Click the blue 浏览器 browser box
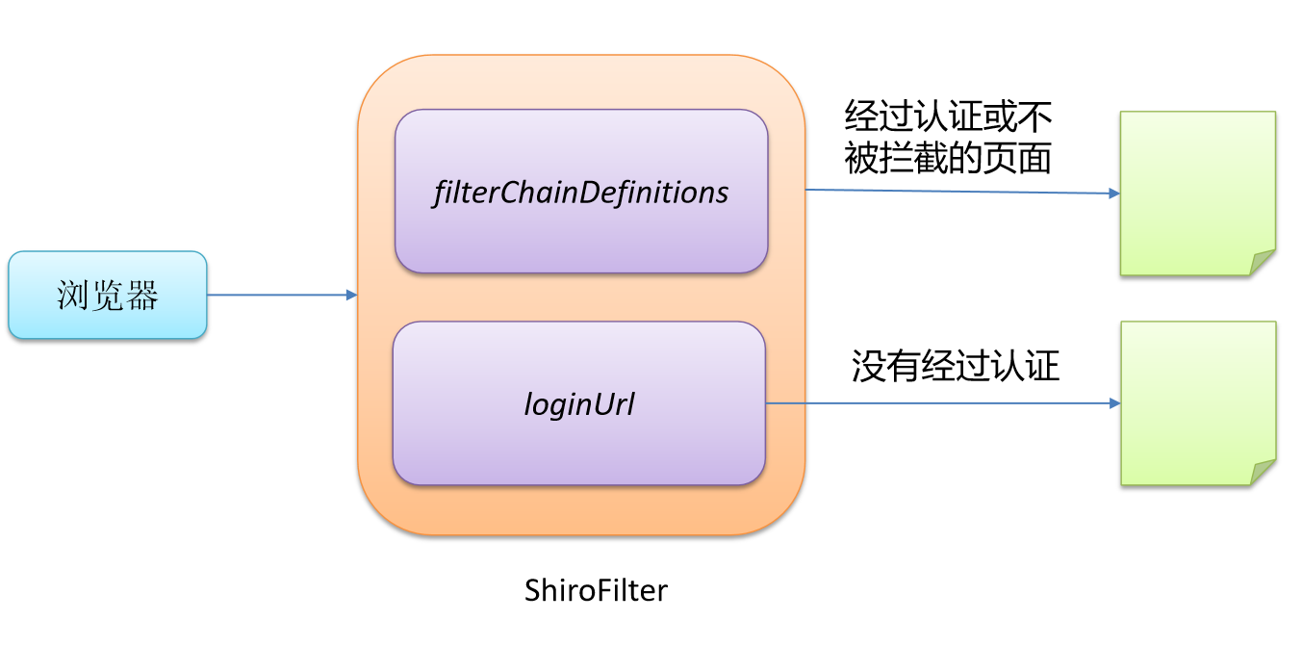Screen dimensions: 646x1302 tap(108, 295)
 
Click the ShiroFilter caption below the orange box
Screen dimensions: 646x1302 tap(596, 589)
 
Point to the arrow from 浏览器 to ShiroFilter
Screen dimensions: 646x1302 tap(279, 295)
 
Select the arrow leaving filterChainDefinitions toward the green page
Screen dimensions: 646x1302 tap(962, 192)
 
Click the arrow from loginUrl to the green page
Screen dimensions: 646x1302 tap(943, 403)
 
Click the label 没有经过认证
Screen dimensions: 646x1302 tap(955, 366)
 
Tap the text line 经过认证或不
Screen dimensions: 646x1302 tap(948, 117)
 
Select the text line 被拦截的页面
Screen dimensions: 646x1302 tap(948, 159)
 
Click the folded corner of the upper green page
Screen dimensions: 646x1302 tap(1263, 263)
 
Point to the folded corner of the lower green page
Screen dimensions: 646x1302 tap(1263, 472)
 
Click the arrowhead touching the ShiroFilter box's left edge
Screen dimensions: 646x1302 tap(352, 295)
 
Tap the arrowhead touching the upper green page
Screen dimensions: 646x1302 tap(1114, 194)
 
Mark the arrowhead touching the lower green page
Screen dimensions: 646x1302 tap(1114, 403)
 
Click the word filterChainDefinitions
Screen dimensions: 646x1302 tap(581, 193)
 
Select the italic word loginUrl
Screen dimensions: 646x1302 tap(578, 403)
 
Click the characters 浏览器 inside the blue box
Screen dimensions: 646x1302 tap(108, 296)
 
